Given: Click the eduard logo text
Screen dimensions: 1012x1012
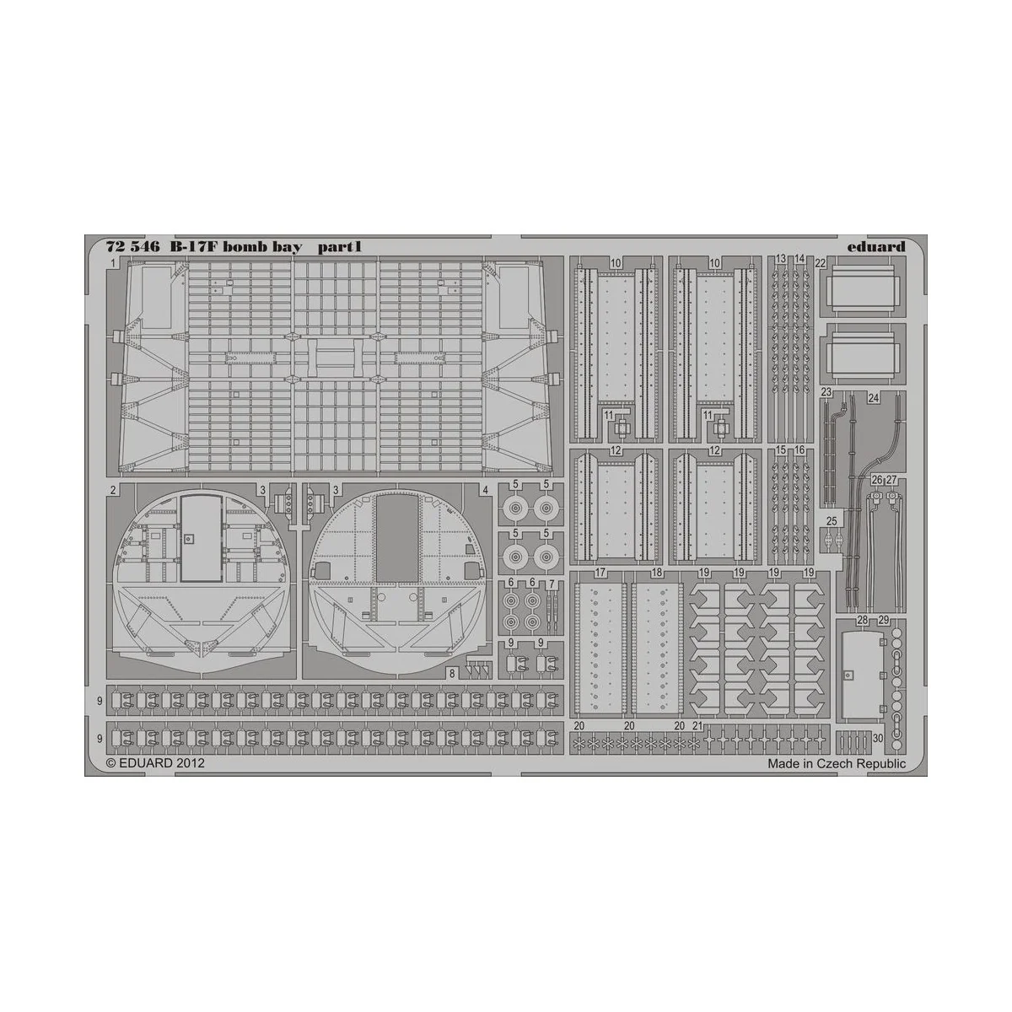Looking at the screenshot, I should (x=878, y=247).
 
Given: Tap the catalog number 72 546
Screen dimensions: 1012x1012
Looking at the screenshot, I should (x=132, y=248).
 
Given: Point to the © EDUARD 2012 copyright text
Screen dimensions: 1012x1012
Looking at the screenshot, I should (x=151, y=762).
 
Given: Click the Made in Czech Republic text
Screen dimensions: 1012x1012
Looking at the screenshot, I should (x=837, y=763).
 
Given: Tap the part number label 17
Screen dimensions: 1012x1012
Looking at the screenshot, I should (x=600, y=573).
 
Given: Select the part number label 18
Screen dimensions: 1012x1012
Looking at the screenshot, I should (x=657, y=573).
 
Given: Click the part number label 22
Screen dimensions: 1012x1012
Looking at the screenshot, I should (x=820, y=264).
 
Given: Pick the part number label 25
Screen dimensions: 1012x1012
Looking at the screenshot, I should (x=832, y=520).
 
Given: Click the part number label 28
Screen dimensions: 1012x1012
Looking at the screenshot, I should (x=862, y=621).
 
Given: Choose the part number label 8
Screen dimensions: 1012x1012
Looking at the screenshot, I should (x=453, y=673).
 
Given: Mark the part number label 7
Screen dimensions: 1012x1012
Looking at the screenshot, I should (x=551, y=584).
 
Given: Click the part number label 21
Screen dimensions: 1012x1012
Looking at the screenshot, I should (x=697, y=725).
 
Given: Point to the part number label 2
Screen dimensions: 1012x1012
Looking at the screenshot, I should (x=112, y=489).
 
